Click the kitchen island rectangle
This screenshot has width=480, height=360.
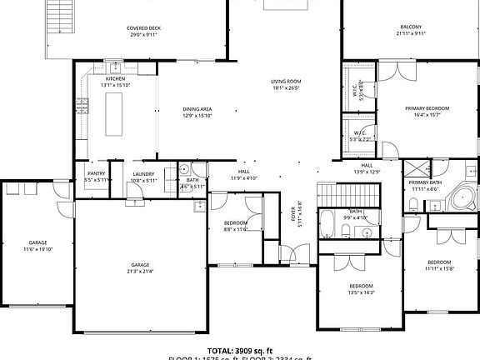pos(114,113)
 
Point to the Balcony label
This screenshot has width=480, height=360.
pos(410,27)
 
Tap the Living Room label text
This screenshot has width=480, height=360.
pos(284,82)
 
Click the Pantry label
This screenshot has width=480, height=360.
pos(96,174)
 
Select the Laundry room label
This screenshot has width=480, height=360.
pos(143,174)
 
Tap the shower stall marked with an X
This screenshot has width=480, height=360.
pos(417,167)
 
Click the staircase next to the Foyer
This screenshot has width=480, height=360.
pos(338,194)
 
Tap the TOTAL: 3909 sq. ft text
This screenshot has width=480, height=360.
pos(240,351)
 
